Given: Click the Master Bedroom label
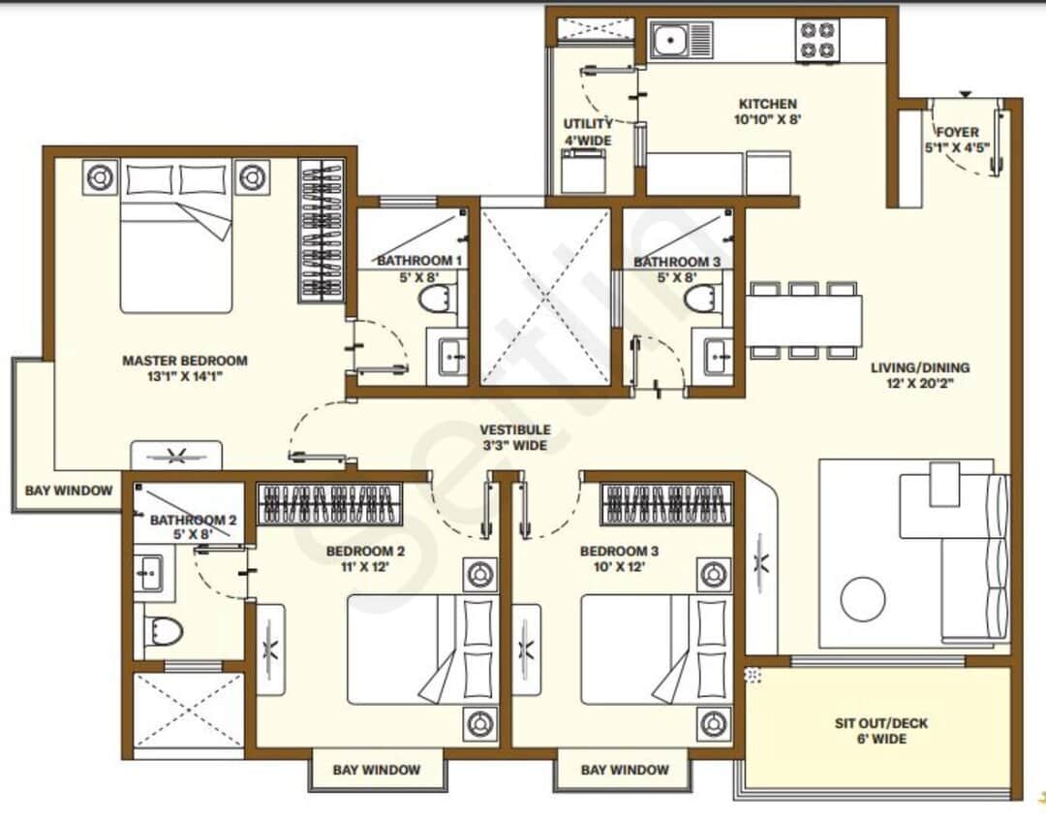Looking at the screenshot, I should click(x=184, y=368).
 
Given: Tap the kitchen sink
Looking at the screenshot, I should click(x=681, y=42).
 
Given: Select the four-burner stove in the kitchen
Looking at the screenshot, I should click(x=816, y=42).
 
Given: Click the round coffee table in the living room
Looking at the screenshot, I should click(x=863, y=599).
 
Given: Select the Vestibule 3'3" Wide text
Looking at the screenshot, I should click(x=517, y=437).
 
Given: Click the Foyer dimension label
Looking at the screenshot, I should click(x=957, y=140).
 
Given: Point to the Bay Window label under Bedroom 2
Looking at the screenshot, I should click(x=377, y=770).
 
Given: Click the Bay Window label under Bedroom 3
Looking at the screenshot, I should click(x=625, y=770).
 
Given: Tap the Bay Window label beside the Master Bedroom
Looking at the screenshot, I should click(x=69, y=491).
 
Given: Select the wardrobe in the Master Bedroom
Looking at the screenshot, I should click(x=321, y=231).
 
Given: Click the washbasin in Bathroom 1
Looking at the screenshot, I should click(x=451, y=356).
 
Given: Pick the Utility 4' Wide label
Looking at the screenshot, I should click(x=588, y=132).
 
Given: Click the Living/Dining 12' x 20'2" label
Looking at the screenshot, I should click(x=919, y=376).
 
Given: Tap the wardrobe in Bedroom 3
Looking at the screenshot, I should click(x=667, y=504).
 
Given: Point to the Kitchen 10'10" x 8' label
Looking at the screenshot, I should click(x=768, y=111).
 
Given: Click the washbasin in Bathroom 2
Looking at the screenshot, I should click(x=148, y=573).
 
